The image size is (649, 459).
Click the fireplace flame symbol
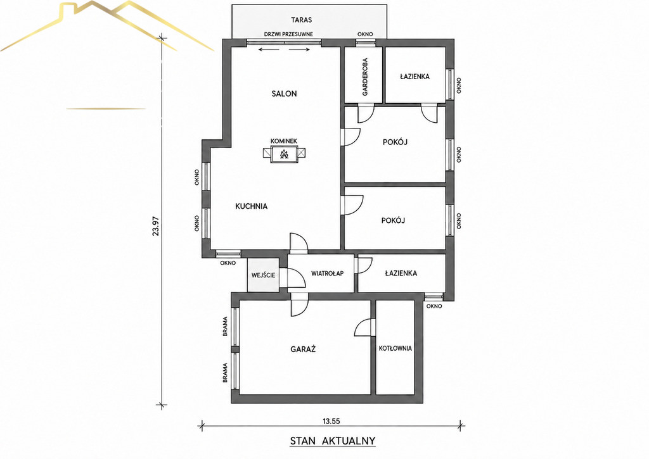tap(284, 154)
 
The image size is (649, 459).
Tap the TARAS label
tap(301, 20)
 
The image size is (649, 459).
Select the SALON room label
tap(285, 94)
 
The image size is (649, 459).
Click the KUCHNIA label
tap(251, 206)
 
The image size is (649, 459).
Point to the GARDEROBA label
tap(365, 77)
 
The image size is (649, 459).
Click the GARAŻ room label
tap(303, 349)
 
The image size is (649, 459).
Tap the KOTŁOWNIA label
tap(395, 348)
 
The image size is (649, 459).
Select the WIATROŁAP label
tap(327, 273)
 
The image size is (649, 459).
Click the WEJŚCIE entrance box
tap(263, 275)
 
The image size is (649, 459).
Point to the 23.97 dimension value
tap(156, 226)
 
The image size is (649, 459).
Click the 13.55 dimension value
tap(331, 422)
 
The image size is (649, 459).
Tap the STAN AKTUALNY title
tap(332, 441)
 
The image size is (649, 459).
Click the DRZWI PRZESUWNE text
tap(288, 34)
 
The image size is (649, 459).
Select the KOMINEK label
tap(284, 141)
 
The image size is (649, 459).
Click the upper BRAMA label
tap(225, 326)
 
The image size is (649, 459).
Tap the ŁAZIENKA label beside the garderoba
tap(414, 77)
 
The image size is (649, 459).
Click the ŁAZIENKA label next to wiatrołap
tap(401, 273)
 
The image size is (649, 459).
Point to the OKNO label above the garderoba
tap(365, 34)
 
